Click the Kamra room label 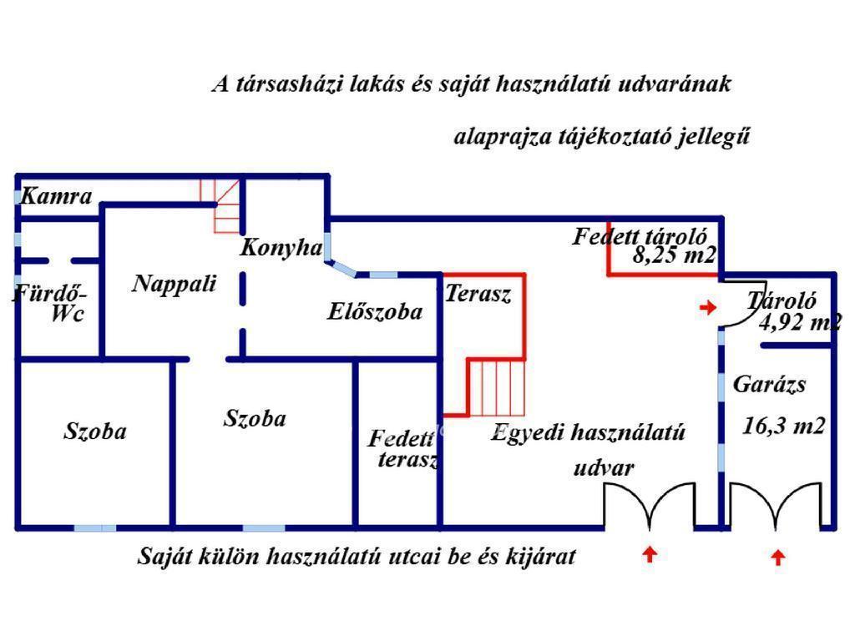55,197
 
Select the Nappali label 174,284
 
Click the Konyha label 281,247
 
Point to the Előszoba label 374,312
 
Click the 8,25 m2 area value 673,255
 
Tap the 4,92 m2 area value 799,321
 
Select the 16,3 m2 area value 784,426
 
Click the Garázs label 769,385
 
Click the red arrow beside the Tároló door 708,308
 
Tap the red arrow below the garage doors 778,557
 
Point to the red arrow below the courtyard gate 650,553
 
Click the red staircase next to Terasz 496,387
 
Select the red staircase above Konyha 221,204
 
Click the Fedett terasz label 402,448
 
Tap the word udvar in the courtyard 603,467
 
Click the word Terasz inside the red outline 478,294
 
